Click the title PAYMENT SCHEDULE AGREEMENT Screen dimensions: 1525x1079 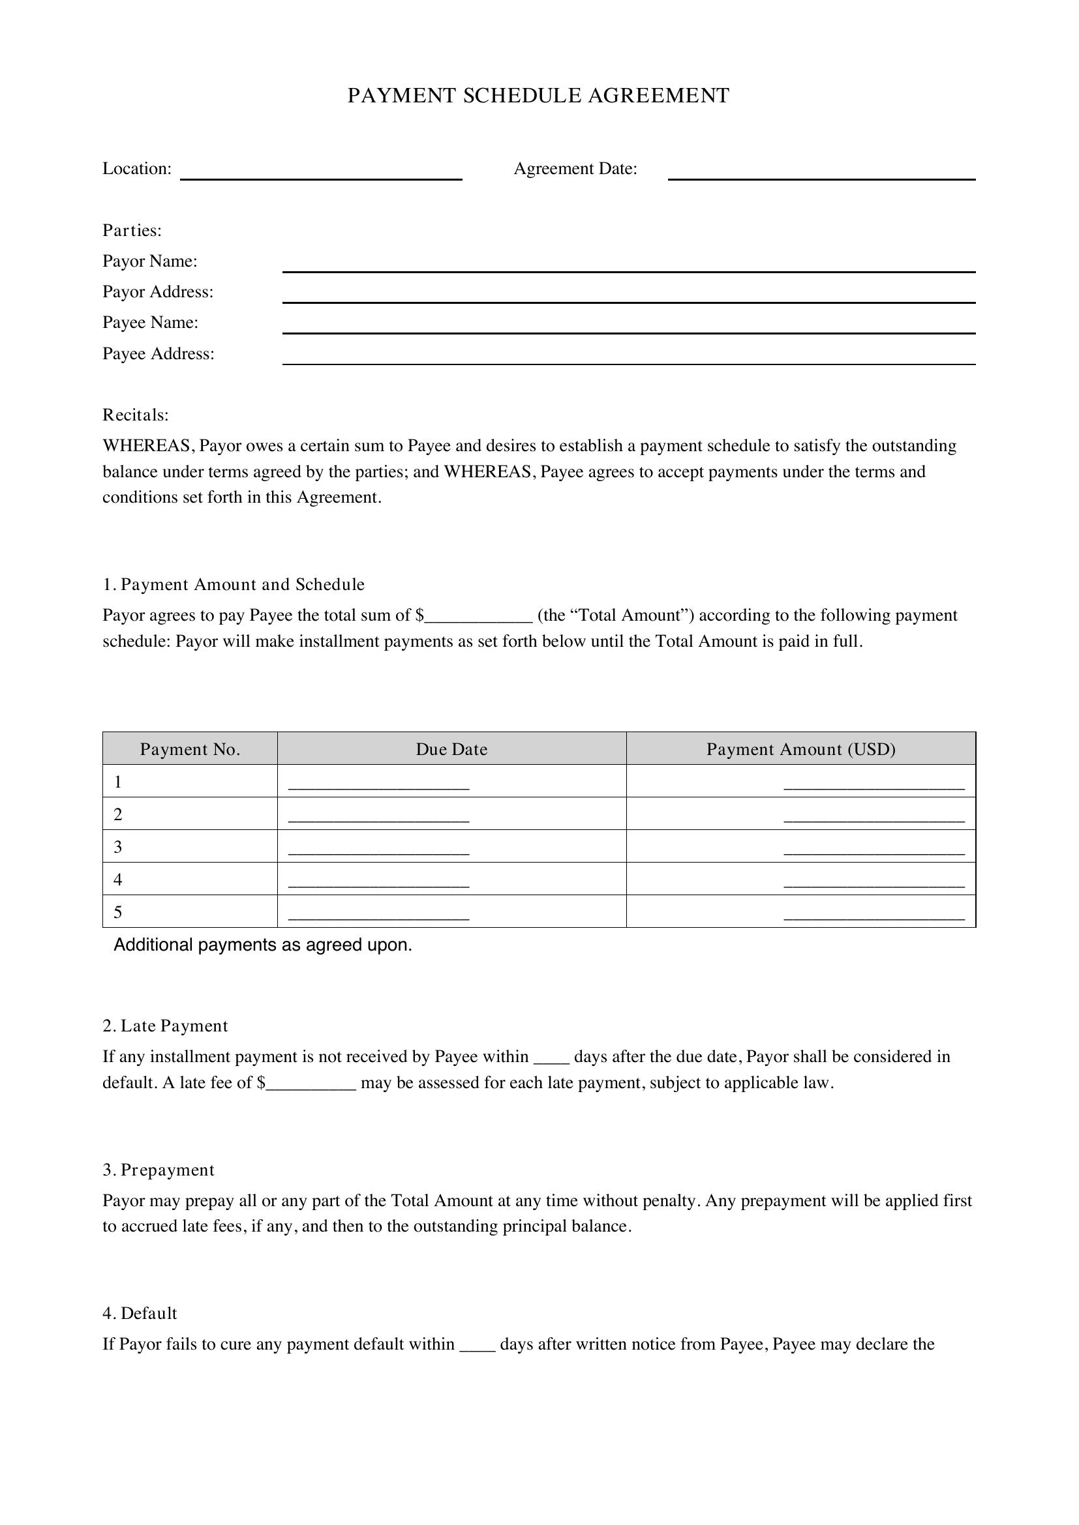(x=538, y=96)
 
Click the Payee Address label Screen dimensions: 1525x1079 (x=158, y=353)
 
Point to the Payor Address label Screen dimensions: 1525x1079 (x=158, y=291)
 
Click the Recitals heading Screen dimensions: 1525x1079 (x=136, y=415)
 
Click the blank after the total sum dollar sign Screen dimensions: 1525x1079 (x=478, y=617)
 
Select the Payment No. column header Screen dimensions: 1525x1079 (x=190, y=749)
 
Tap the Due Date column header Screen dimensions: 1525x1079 (x=452, y=749)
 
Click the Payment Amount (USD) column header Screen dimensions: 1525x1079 (x=800, y=749)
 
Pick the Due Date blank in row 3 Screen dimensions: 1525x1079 (x=379, y=849)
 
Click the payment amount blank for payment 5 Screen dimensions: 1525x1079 (x=874, y=914)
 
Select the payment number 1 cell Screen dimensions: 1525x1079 (x=190, y=782)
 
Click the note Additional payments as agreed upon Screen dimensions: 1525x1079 (x=263, y=945)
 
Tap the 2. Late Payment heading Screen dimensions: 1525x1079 (x=165, y=1026)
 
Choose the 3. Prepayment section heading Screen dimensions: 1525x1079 (x=158, y=1170)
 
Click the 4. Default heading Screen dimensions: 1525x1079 (x=140, y=1313)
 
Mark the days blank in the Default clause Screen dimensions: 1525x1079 (x=477, y=1346)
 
